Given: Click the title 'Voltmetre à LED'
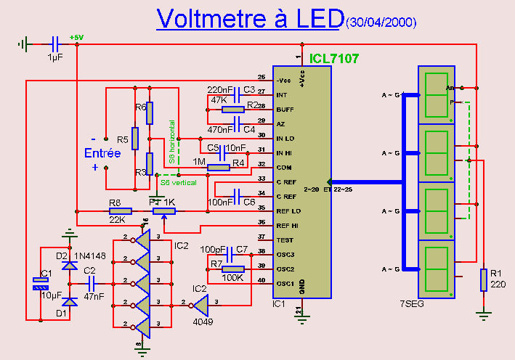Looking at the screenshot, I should coord(248,19).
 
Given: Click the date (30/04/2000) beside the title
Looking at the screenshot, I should coord(381,23).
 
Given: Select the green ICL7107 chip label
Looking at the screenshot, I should coord(333,58).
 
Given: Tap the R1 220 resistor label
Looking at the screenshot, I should coord(497,279).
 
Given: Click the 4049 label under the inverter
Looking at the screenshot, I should coord(202,322).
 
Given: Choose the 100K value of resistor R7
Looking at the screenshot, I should coord(232,277).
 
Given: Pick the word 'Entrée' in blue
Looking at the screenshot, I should coord(102,153).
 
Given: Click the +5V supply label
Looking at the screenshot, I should coord(76,37).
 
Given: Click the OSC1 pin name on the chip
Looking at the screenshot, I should coord(285,283).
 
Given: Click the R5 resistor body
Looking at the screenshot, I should coord(135,138).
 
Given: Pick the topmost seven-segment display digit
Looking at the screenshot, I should coord(437,94).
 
